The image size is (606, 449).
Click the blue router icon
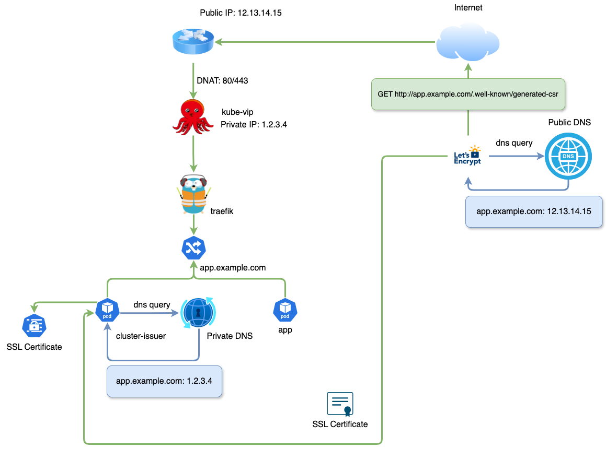193,42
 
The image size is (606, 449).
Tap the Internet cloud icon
468,44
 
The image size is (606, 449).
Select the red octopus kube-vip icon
193,117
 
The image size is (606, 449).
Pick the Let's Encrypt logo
467,156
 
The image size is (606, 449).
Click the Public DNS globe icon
568,156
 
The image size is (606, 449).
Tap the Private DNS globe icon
198,313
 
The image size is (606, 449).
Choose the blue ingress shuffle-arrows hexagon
193,248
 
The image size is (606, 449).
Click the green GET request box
468,94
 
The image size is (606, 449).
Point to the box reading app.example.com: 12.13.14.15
533,212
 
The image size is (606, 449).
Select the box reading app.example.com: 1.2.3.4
164,381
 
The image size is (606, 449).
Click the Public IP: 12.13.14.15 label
241,13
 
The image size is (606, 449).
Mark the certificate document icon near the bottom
340,404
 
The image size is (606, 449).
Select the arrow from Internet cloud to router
324,41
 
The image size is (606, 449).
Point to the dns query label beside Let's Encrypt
514,143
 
